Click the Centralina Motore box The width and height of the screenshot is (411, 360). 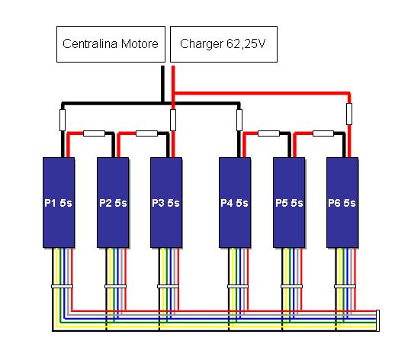(x=111, y=44)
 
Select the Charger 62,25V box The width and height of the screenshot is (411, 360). (x=223, y=44)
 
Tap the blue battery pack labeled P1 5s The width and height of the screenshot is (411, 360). (x=59, y=202)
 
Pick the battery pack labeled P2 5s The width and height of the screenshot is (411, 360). (x=113, y=202)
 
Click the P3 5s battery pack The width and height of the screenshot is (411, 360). (x=166, y=202)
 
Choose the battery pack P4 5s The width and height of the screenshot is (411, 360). (x=235, y=202)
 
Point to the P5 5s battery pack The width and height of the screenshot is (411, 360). (x=289, y=202)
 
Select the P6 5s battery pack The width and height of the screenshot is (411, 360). (x=342, y=202)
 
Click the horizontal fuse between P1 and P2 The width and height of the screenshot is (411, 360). (x=94, y=133)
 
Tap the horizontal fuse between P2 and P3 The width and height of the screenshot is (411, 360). (x=146, y=133)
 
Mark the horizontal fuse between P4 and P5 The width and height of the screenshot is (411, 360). (x=268, y=133)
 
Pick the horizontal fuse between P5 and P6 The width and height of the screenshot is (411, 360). (x=323, y=133)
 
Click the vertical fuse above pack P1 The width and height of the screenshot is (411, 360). (x=63, y=120)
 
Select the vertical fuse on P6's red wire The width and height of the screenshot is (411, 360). (x=349, y=114)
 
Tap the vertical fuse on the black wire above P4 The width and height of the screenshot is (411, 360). (x=239, y=120)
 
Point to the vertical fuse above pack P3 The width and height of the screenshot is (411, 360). (x=173, y=120)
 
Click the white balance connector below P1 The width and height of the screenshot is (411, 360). (x=62, y=286)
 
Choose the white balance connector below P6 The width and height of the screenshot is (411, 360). (x=345, y=286)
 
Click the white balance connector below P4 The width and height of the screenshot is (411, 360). (x=238, y=286)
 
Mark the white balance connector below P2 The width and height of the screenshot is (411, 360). (x=115, y=286)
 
